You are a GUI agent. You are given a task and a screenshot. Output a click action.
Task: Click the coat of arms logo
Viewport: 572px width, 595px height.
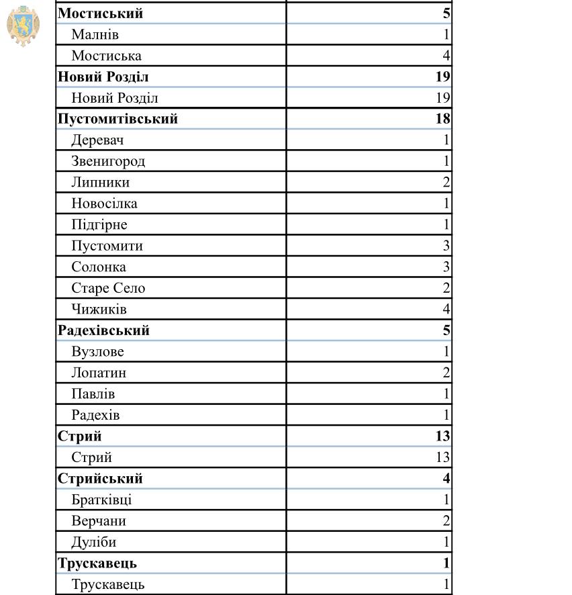[x=23, y=26]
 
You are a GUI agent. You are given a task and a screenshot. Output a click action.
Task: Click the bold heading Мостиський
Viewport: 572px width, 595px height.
[x=100, y=13]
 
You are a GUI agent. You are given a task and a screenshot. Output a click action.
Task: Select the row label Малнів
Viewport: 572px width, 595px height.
[x=95, y=34]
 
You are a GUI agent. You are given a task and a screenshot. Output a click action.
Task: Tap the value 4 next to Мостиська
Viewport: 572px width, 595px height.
[x=446, y=56]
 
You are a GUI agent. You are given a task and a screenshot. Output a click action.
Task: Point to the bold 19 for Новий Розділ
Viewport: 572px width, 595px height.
[x=442, y=77]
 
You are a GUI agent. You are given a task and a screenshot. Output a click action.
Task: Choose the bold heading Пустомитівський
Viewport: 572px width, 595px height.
[x=117, y=120]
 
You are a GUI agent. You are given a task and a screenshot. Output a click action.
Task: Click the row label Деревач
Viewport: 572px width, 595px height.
[x=97, y=140]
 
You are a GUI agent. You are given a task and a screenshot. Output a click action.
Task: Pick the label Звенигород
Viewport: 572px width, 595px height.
[x=108, y=161]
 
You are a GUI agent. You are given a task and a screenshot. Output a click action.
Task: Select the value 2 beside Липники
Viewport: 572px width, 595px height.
[x=446, y=183]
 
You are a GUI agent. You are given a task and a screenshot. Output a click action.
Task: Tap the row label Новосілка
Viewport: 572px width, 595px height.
[x=104, y=203]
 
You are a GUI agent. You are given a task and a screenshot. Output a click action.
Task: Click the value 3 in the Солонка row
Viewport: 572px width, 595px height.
[x=446, y=267]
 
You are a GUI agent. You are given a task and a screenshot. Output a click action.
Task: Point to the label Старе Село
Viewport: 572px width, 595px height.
[x=108, y=288]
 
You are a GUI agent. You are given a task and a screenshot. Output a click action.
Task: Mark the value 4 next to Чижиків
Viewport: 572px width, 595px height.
[x=446, y=310]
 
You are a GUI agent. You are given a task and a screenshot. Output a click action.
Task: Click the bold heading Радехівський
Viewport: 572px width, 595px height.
[x=103, y=330]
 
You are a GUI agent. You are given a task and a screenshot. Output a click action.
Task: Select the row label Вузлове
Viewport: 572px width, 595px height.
[x=97, y=352]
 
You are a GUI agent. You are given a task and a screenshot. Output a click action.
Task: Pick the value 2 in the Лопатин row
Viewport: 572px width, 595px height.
[x=446, y=373]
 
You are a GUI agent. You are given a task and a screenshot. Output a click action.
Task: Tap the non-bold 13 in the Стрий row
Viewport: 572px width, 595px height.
[x=442, y=457]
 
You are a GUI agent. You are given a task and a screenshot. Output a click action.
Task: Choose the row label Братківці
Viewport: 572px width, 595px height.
[x=101, y=500]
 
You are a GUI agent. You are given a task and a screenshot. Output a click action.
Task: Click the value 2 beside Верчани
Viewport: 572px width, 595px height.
[x=446, y=521]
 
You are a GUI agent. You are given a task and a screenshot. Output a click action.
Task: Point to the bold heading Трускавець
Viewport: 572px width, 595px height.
[x=97, y=563]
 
